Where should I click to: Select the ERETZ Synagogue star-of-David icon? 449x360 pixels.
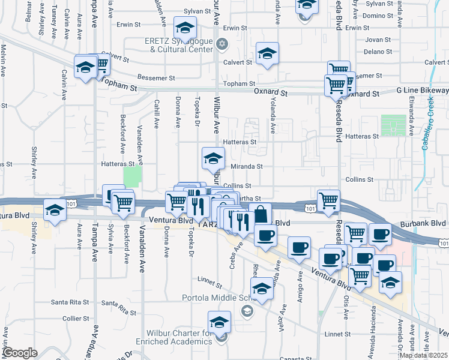pos(222,44)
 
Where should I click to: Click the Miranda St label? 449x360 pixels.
pos(247,166)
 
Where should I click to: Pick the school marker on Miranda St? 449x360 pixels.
pos(212,158)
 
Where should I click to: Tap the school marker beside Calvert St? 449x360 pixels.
pos(267,54)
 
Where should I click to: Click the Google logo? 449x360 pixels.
pos(20,353)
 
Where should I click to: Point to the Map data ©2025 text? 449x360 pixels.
pos(424,355)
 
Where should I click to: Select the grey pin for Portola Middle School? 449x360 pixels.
pos(247,311)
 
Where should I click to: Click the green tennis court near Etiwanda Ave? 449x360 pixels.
pos(393,125)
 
